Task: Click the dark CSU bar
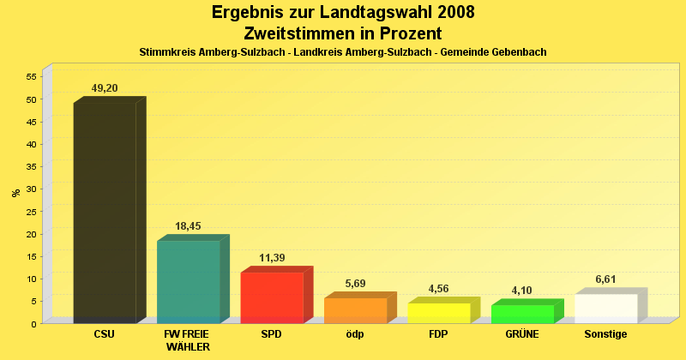pyautogui.click(x=105, y=213)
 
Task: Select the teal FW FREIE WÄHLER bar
pyautogui.click(x=189, y=281)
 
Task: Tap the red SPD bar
pyautogui.click(x=272, y=297)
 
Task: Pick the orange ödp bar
pyautogui.click(x=355, y=310)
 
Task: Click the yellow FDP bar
pyautogui.click(x=439, y=313)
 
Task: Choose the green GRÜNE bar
pyautogui.click(x=522, y=314)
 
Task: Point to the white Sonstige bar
pyautogui.click(x=605, y=309)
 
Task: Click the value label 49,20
pyautogui.click(x=106, y=88)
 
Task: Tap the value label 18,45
pyautogui.click(x=188, y=226)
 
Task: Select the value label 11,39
pyautogui.click(x=272, y=258)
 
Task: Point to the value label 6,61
pyautogui.click(x=606, y=279)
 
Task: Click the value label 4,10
pyautogui.click(x=522, y=291)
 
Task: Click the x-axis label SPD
pyautogui.click(x=271, y=334)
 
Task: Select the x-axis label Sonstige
pyautogui.click(x=605, y=334)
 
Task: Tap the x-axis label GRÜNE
pyautogui.click(x=522, y=334)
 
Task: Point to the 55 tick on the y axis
pyautogui.click(x=30, y=77)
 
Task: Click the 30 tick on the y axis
pyautogui.click(x=30, y=189)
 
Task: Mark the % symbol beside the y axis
pyautogui.click(x=15, y=193)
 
